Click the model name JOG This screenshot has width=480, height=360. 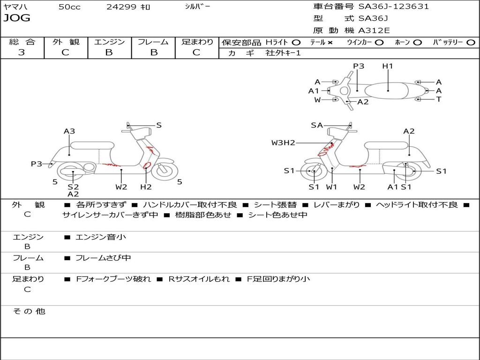pyautogui.click(x=17, y=18)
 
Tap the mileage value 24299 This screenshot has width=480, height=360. pyautogui.click(x=121, y=7)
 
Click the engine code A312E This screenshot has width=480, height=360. pyautogui.click(x=374, y=30)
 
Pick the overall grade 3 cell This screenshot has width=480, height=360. pyautogui.click(x=22, y=52)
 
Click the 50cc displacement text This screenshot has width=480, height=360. pyautogui.click(x=69, y=7)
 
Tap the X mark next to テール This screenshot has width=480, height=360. pyautogui.click(x=330, y=42)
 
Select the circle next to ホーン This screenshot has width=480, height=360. pyautogui.click(x=418, y=42)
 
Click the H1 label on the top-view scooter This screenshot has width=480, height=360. pyautogui.click(x=388, y=66)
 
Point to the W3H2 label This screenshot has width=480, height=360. pyautogui.click(x=283, y=142)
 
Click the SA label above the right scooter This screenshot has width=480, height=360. pyautogui.click(x=317, y=125)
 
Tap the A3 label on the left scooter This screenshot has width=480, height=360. pyautogui.click(x=69, y=131)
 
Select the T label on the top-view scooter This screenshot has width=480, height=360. pyautogui.click(x=439, y=99)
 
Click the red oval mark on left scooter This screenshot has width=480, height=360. pyautogui.click(x=147, y=165)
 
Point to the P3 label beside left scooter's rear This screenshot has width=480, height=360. pyautogui.click(x=37, y=164)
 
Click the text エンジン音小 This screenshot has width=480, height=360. pyautogui.click(x=101, y=237)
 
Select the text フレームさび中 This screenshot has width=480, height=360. pyautogui.click(x=103, y=258)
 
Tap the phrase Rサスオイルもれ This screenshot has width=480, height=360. pyautogui.click(x=199, y=279)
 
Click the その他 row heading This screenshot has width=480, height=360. pyautogui.click(x=29, y=311)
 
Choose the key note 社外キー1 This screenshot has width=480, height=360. pyautogui.click(x=283, y=53)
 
